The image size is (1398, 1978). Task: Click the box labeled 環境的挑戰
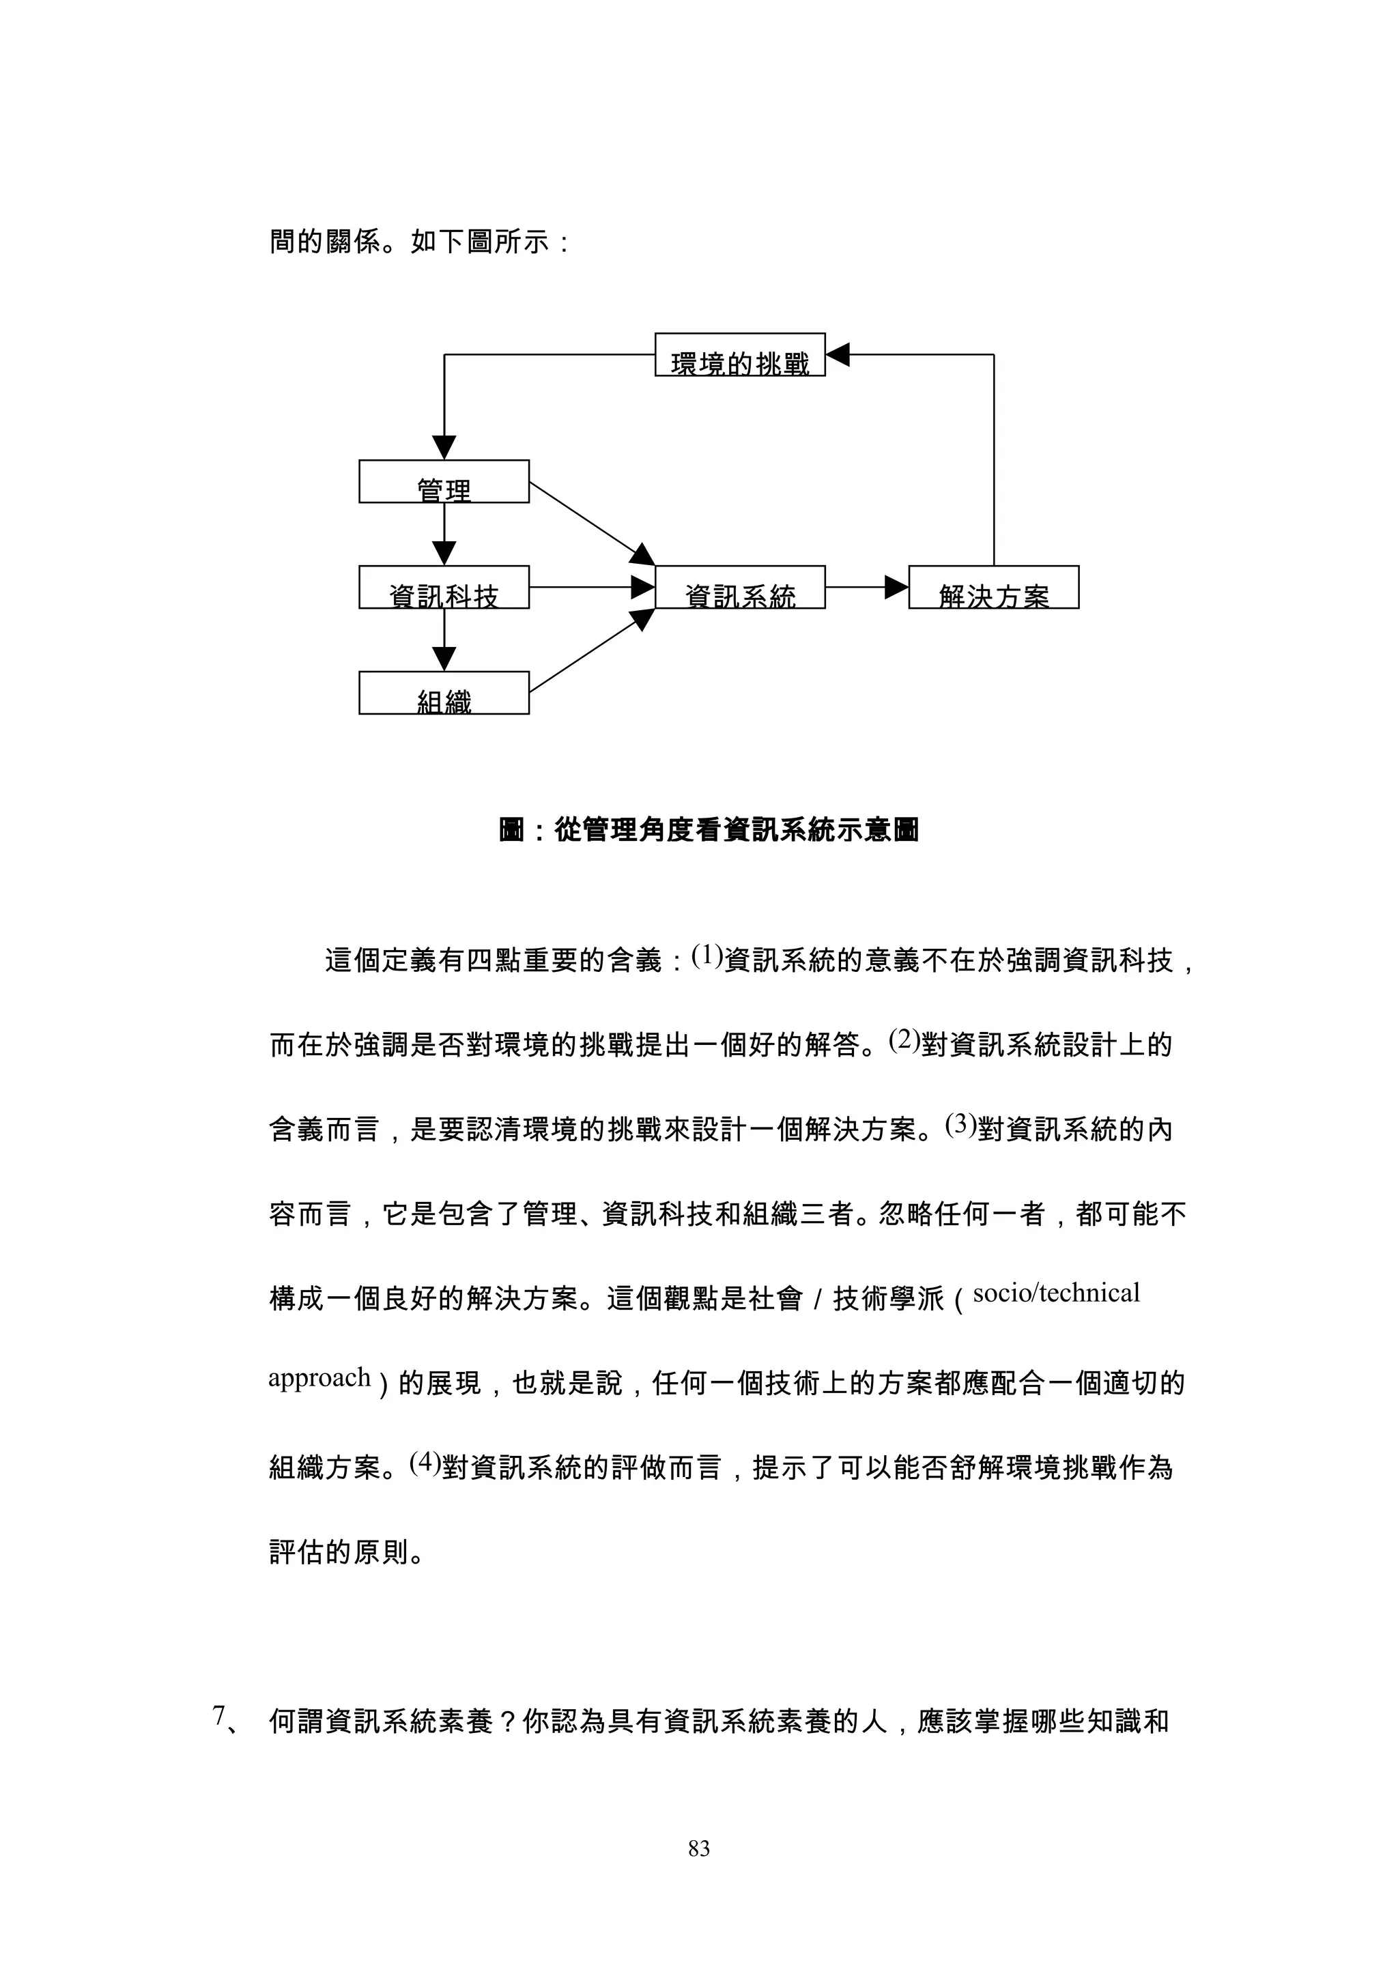tap(740, 355)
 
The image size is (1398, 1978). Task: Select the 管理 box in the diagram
tap(444, 482)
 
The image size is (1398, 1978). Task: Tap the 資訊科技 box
tap(444, 588)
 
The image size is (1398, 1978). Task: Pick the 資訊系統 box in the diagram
tap(740, 588)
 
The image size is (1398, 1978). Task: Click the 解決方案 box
tap(993, 588)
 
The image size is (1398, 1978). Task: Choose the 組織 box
tap(444, 693)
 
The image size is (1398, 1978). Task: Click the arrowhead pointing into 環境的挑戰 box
tap(838, 354)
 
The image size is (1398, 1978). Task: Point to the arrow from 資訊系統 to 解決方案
tap(866, 588)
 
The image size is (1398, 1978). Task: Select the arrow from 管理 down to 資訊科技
tap(444, 534)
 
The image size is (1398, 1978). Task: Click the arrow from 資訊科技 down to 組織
tap(444, 640)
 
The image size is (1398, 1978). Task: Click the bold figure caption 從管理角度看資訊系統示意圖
tap(709, 831)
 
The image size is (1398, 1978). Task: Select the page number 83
tap(698, 1848)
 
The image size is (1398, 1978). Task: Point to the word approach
tap(319, 1402)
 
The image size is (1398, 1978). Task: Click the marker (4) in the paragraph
tap(425, 1485)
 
